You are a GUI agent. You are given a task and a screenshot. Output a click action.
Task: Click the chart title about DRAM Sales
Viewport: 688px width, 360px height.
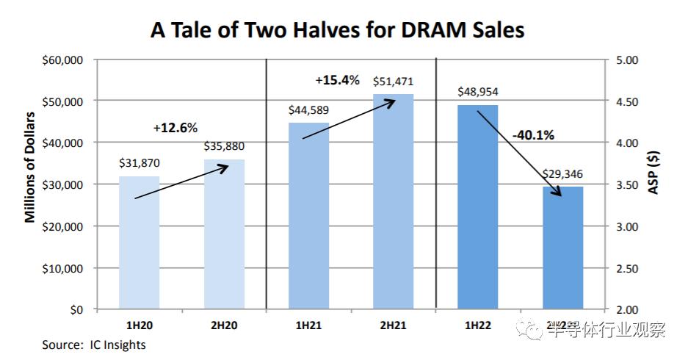click(x=338, y=30)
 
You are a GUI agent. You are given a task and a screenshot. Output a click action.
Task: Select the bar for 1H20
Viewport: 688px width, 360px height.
click(x=139, y=242)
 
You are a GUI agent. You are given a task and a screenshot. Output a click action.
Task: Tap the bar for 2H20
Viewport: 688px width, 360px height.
click(x=224, y=235)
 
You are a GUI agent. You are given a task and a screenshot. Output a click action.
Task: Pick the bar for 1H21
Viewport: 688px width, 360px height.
click(x=308, y=216)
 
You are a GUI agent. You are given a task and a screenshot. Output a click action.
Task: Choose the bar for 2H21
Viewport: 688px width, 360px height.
click(x=394, y=202)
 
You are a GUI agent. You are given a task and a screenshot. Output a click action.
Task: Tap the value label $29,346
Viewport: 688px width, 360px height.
click(x=562, y=175)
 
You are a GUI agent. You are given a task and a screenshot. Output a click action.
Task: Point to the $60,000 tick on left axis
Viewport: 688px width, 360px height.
click(x=62, y=60)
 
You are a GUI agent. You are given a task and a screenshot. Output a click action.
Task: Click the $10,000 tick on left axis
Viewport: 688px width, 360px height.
click(x=62, y=268)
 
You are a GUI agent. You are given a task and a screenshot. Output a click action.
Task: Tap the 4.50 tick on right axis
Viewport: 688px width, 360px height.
click(x=629, y=101)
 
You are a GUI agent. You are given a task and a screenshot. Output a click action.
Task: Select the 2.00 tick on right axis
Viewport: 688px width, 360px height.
click(x=629, y=310)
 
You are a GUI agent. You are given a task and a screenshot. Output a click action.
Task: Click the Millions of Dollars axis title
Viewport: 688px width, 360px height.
click(x=30, y=168)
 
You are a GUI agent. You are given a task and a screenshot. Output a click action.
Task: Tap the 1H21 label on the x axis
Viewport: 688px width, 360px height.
click(x=308, y=324)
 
